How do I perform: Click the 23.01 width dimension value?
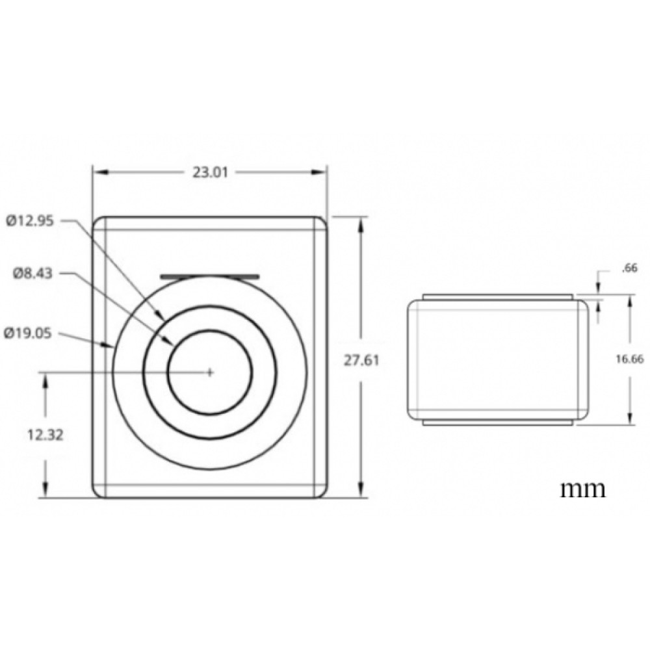[210, 172]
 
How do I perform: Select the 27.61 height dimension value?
[361, 360]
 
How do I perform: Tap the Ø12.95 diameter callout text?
[30, 221]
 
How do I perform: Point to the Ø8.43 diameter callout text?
[32, 274]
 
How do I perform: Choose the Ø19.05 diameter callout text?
[28, 333]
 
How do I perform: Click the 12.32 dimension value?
[45, 435]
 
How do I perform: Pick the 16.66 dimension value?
[630, 359]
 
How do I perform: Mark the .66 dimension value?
[629, 268]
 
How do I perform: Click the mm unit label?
[583, 489]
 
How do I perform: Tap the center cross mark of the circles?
[210, 372]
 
